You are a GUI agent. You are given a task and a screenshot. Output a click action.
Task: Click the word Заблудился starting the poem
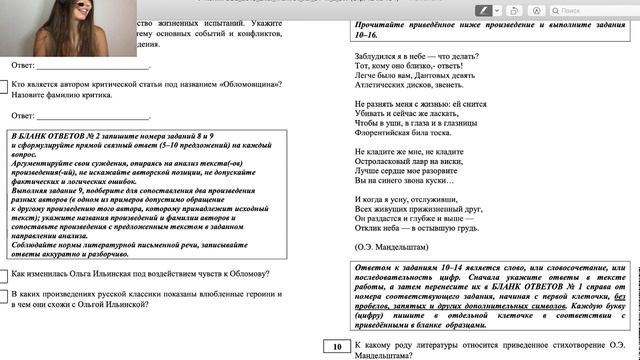[377, 59]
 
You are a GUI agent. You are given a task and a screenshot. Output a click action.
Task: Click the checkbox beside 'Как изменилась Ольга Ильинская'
[4, 274]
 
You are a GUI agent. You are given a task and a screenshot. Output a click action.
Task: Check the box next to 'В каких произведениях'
[4, 296]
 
